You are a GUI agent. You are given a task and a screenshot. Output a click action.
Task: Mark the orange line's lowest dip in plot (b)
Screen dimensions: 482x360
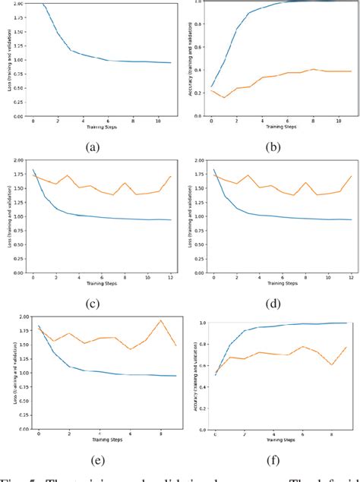(223, 97)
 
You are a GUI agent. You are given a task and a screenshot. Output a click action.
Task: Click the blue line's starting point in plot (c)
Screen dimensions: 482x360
(33, 169)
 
